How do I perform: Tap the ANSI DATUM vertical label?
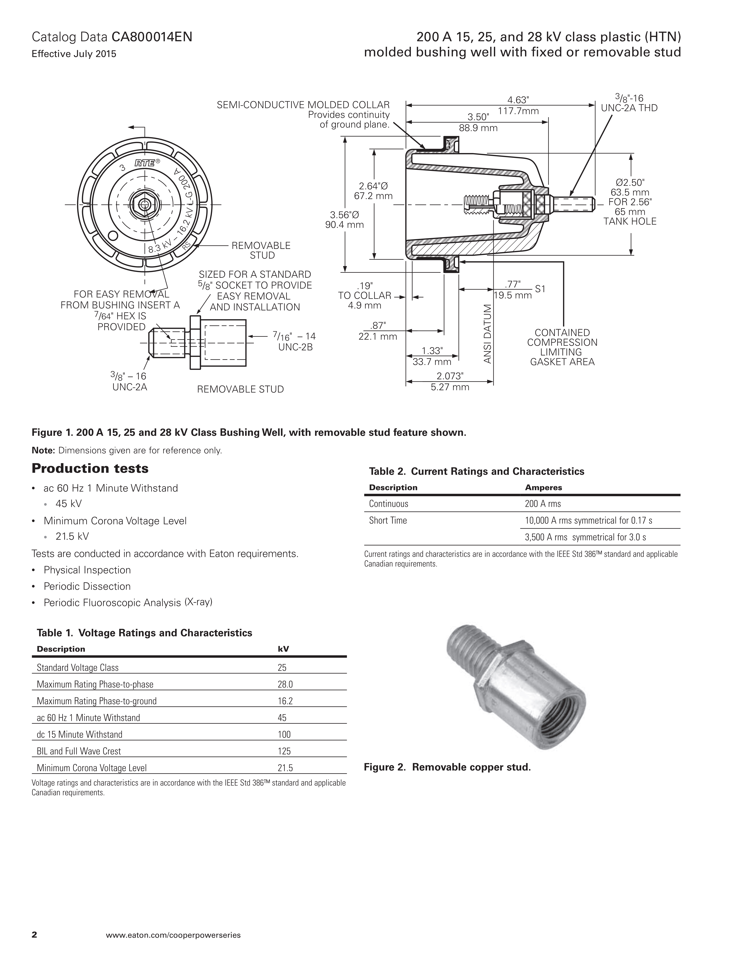(x=487, y=334)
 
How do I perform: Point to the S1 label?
(x=540, y=289)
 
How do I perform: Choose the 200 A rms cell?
(x=543, y=504)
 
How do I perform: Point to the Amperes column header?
(x=543, y=487)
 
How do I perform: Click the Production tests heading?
(x=90, y=469)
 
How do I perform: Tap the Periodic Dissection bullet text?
(x=87, y=586)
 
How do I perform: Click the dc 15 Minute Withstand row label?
(x=80, y=735)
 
